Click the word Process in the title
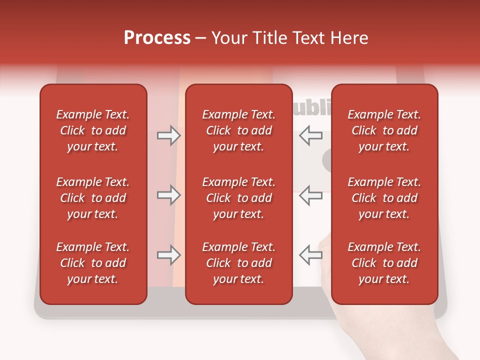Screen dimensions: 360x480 click(x=157, y=38)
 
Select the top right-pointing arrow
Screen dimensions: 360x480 click(x=168, y=135)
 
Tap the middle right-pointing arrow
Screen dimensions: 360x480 click(x=168, y=195)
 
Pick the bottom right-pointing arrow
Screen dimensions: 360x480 click(x=168, y=255)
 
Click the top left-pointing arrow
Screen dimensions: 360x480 click(x=310, y=135)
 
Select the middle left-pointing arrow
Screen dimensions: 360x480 click(x=310, y=195)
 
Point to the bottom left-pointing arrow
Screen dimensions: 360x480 click(x=310, y=254)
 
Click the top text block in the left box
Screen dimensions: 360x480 click(x=93, y=130)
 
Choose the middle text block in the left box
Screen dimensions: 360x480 click(x=93, y=198)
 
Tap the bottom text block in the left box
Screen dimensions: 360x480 click(x=93, y=263)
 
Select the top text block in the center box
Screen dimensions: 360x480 click(x=238, y=130)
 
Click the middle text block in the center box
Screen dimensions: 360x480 click(x=238, y=198)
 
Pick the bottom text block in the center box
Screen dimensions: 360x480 click(x=238, y=263)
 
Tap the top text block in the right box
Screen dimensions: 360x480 click(x=384, y=130)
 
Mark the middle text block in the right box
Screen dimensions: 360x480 click(x=384, y=198)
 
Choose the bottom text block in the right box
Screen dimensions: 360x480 click(x=384, y=263)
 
